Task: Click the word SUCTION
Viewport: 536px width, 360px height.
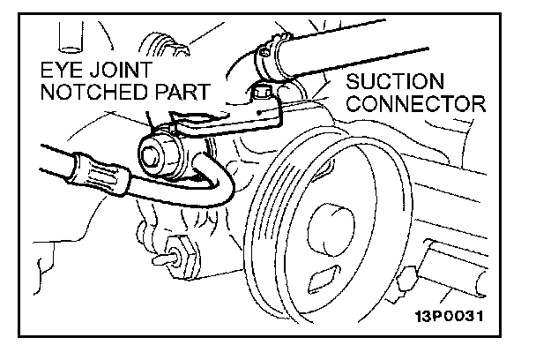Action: (388, 82)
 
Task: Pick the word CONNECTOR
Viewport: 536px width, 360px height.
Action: (415, 104)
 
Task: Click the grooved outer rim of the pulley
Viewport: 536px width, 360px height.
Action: (264, 238)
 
